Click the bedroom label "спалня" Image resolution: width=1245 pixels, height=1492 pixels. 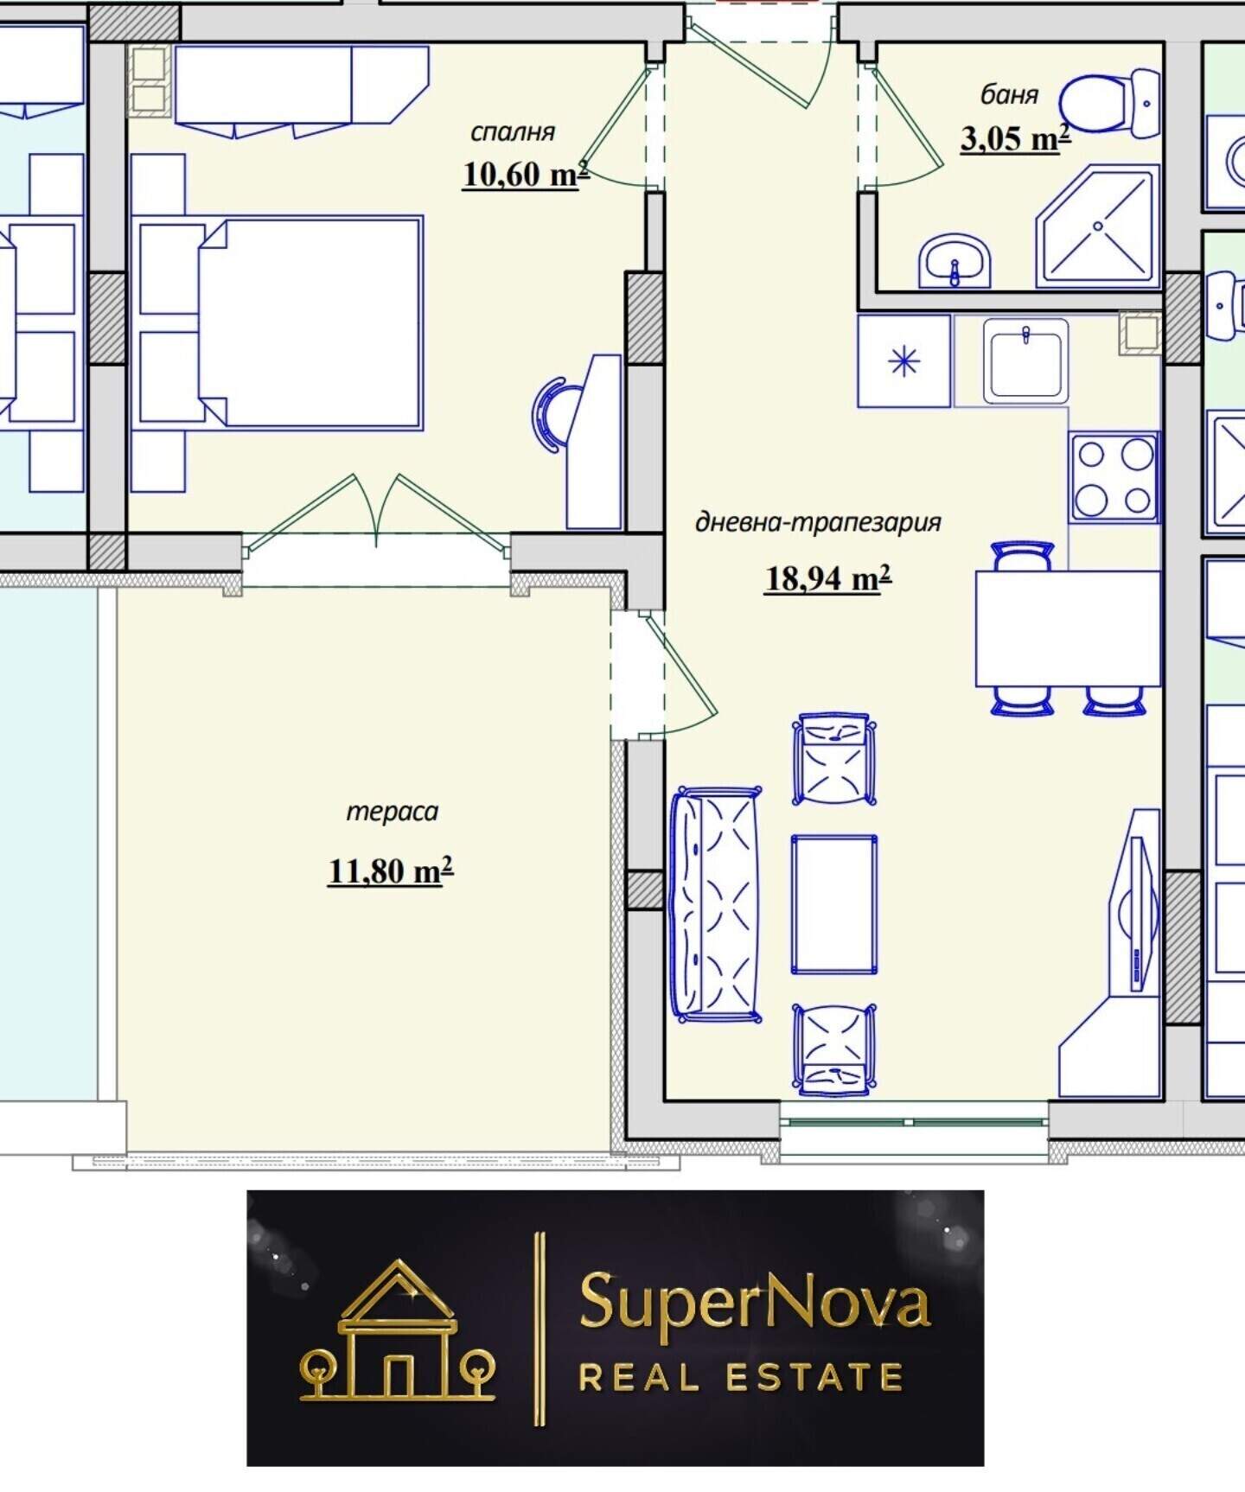pos(513,133)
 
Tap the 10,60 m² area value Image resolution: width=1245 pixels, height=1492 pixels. pos(526,174)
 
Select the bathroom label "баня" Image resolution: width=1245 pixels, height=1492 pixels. pos(1009,93)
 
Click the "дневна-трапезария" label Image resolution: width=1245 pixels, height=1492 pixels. pos(818,523)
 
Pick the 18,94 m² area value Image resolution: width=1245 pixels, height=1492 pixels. pos(827,577)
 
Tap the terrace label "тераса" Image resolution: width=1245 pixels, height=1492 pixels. pos(392,812)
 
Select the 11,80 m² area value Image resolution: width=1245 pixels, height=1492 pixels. pos(390,870)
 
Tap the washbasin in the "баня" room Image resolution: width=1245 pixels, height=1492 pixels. pos(954,260)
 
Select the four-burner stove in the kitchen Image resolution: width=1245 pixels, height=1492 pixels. pos(1114,477)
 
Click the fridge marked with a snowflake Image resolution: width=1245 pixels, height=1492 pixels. pos(904,360)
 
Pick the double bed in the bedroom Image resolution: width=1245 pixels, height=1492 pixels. pos(310,322)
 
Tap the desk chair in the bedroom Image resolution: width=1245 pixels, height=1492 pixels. pos(552,413)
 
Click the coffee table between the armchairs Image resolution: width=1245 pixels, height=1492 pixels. pos(834,904)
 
